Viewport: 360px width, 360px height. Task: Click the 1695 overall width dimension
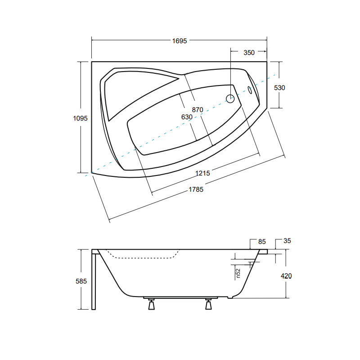coord(179,41)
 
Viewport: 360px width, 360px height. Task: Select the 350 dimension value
coord(249,53)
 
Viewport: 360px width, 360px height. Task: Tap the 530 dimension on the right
coord(279,88)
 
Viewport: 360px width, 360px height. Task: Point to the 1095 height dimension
coord(80,118)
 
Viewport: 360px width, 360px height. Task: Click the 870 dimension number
coord(198,110)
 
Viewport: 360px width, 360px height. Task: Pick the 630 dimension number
coord(187,117)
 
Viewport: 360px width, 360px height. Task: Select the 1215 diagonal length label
coord(202,173)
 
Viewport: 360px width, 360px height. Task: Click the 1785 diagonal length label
coord(196,189)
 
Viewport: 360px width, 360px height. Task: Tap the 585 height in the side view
coord(81,281)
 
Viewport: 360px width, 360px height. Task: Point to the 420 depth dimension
coord(286,276)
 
